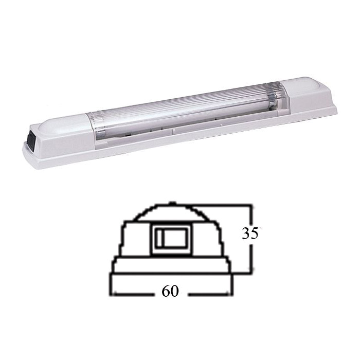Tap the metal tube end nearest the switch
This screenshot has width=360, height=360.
(100, 134)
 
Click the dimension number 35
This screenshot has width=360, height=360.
(250, 233)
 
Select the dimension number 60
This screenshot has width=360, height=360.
(170, 291)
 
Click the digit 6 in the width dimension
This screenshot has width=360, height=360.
(166, 291)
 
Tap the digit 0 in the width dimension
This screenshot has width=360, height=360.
(174, 291)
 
